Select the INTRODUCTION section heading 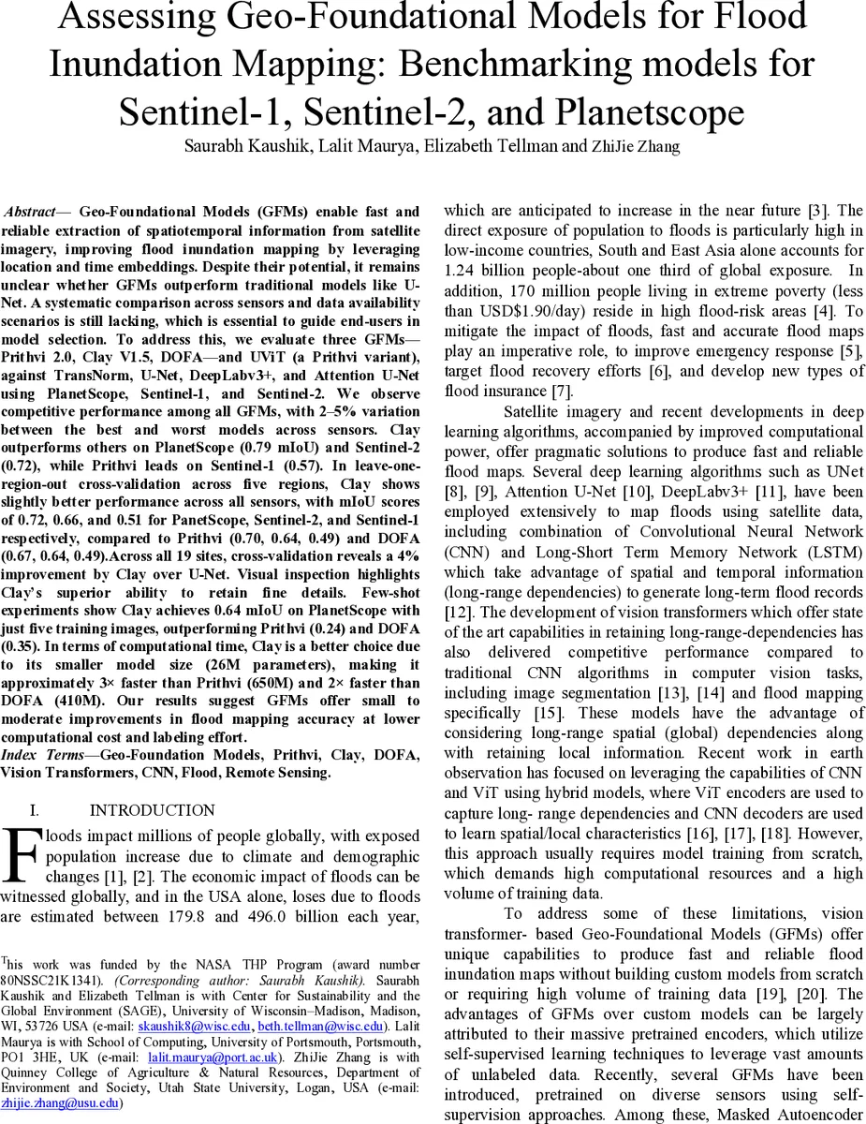tap(152, 810)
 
